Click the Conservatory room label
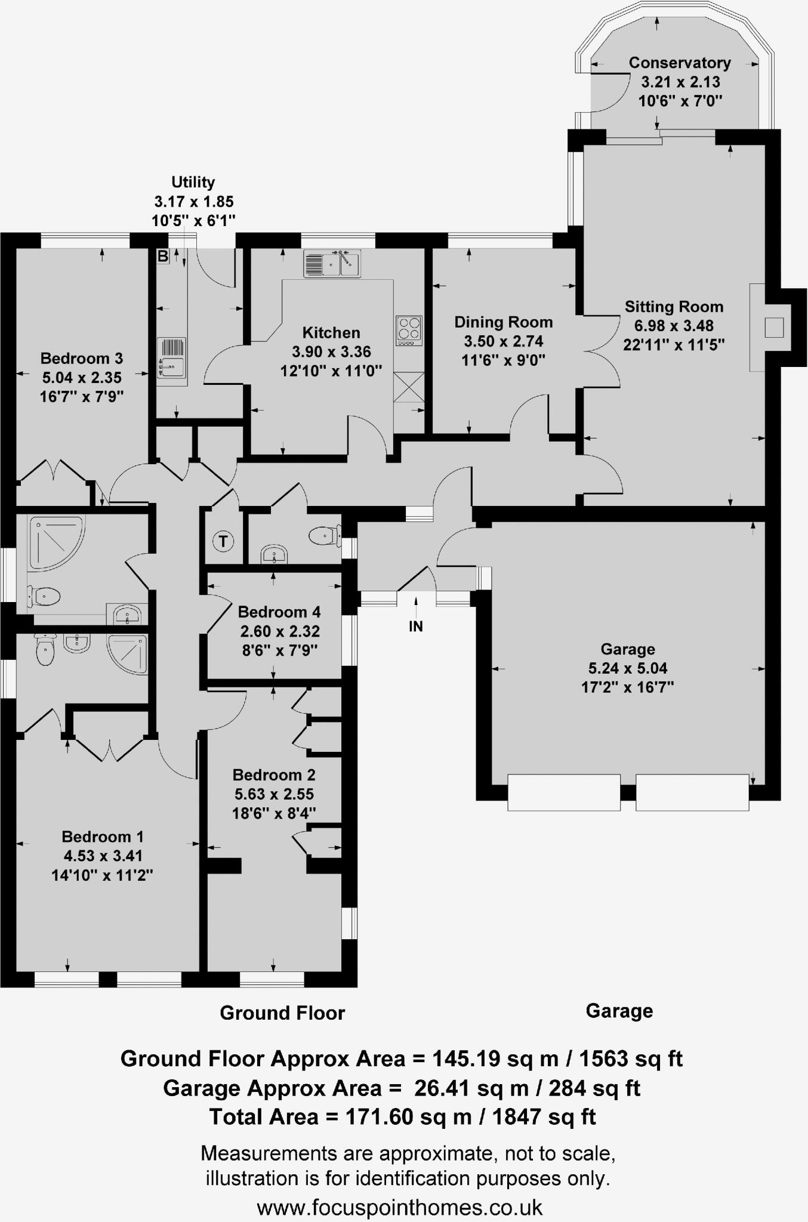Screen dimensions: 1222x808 click(x=680, y=63)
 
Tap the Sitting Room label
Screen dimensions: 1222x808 click(x=674, y=307)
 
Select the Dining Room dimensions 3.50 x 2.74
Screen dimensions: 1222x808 click(x=503, y=341)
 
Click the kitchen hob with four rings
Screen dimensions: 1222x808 click(x=409, y=330)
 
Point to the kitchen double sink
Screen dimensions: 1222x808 click(x=332, y=264)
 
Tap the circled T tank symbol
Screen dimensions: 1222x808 click(x=223, y=541)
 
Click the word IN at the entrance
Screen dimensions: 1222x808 click(x=415, y=626)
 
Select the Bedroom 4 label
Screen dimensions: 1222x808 click(x=279, y=612)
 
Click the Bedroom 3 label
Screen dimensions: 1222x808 click(x=82, y=358)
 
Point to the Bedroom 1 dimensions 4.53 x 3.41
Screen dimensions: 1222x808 click(x=103, y=856)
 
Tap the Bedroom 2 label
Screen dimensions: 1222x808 click(x=274, y=774)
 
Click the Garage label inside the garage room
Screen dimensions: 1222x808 click(x=628, y=649)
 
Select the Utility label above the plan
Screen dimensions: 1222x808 click(x=193, y=182)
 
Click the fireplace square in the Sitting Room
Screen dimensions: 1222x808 click(x=774, y=328)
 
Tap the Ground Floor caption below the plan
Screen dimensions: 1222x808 click(x=282, y=1013)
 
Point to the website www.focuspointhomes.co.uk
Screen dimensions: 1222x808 click(x=400, y=1208)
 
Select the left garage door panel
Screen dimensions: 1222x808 click(x=563, y=792)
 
